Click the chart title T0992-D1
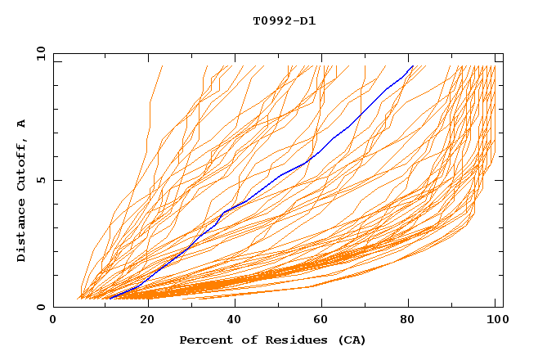click(284, 20)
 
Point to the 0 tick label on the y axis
click(42, 307)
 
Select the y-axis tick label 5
click(42, 180)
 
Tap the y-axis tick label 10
click(38, 53)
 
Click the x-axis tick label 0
click(53, 320)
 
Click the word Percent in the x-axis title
click(204, 340)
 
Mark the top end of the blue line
click(413, 66)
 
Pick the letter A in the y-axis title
click(22, 124)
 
